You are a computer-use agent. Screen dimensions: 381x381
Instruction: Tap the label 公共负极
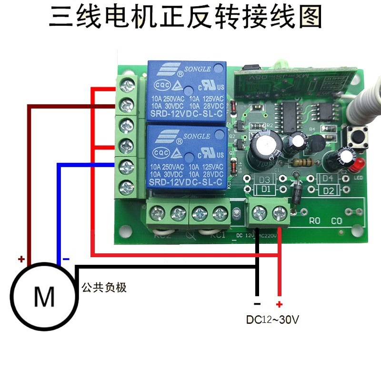104,288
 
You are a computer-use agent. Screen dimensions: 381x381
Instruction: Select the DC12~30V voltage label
272,320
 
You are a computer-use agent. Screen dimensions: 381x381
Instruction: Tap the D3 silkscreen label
265,180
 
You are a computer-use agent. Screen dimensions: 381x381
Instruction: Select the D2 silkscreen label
327,190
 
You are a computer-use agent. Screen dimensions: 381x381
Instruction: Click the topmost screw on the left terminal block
126,86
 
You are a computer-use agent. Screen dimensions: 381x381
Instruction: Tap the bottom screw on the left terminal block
126,185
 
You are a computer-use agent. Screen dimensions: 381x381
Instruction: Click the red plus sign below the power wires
279,304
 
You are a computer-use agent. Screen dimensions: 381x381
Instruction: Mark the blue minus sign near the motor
66,260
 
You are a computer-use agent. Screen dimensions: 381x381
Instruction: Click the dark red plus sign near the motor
21,260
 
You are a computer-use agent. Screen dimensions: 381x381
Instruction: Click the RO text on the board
315,221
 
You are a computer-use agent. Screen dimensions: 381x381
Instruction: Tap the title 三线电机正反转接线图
186,18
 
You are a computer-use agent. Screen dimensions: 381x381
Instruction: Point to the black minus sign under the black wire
257,304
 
